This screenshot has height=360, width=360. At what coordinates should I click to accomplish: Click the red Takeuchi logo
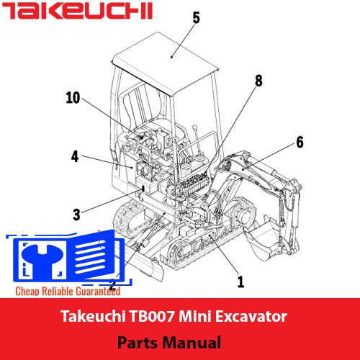coord(77,11)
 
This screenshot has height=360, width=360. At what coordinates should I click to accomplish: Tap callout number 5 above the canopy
coord(197,18)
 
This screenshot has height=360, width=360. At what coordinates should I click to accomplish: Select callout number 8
coord(258,81)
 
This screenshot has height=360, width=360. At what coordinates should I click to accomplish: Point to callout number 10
coord(73,98)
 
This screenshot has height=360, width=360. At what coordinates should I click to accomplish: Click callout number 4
coord(75,156)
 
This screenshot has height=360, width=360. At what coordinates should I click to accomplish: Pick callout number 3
coord(76,215)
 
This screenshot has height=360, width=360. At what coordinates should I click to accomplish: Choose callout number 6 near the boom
coord(300,142)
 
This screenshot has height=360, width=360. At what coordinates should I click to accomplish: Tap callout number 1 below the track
coord(240,282)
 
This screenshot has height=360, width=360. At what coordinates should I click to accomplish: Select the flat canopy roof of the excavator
coord(166,63)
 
